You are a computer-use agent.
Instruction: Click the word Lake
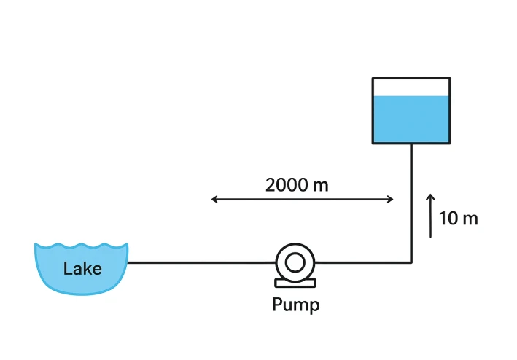pyautogui.click(x=82, y=268)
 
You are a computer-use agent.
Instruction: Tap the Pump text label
pyautogui.click(x=295, y=304)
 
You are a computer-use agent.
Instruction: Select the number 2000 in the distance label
pyautogui.click(x=287, y=184)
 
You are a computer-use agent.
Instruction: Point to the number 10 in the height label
pyautogui.click(x=448, y=218)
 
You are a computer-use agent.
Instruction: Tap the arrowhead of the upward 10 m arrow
pyautogui.click(x=430, y=197)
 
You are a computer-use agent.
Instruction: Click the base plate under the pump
pyautogui.click(x=295, y=282)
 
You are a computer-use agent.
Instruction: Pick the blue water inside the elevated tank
pyautogui.click(x=411, y=120)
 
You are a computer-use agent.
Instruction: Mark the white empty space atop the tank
pyautogui.click(x=411, y=87)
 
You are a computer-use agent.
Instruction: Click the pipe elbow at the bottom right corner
pyautogui.click(x=411, y=262)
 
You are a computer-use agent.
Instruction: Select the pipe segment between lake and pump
pyautogui.click(x=201, y=262)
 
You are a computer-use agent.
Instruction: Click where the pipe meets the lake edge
pyautogui.click(x=128, y=262)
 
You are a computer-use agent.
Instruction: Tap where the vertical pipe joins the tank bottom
pyautogui.click(x=411, y=144)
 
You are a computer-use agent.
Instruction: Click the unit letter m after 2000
pyautogui.click(x=320, y=185)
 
